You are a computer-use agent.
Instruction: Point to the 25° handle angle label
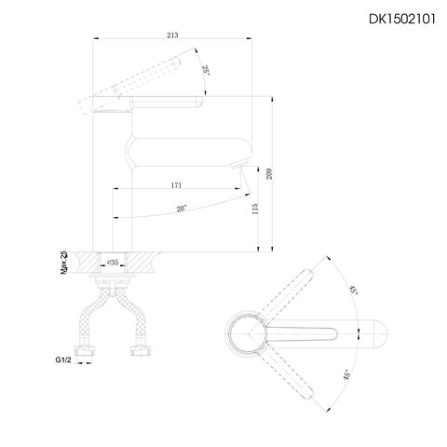205,71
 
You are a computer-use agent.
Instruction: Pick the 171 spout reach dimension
176,186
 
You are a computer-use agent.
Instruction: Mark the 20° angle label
183,209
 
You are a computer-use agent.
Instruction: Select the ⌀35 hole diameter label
113,264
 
